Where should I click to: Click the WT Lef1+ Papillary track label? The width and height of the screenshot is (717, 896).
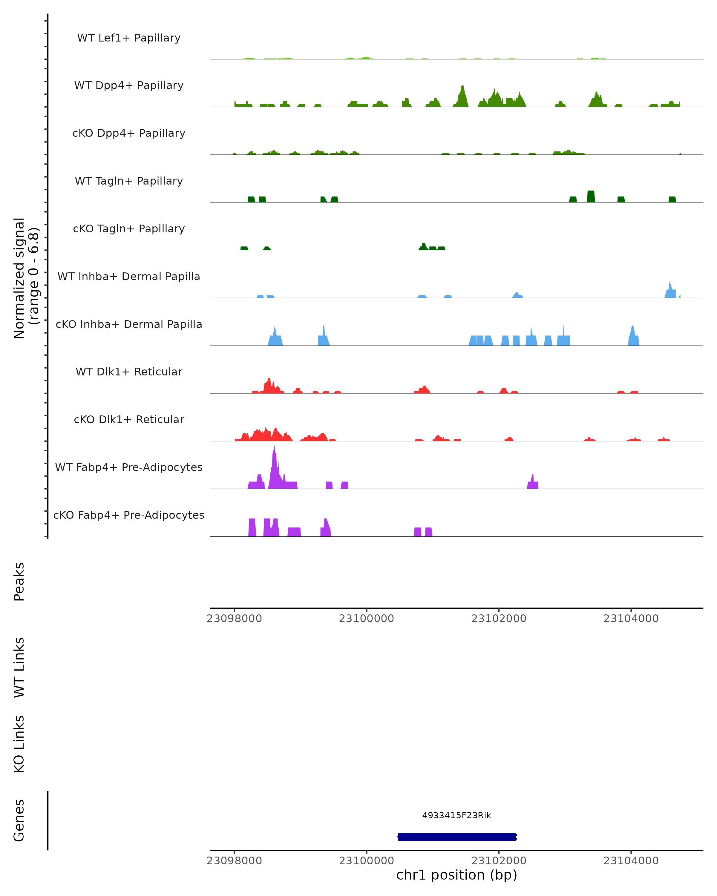click(129, 38)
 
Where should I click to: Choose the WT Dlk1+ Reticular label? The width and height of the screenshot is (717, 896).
click(129, 372)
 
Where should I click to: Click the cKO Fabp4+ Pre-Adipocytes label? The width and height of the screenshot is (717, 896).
click(129, 515)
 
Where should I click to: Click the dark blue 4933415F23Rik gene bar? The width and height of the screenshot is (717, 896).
click(456, 837)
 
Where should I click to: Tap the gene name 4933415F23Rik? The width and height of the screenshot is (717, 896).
click(456, 815)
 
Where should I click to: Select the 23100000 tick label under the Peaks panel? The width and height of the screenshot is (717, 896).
click(366, 619)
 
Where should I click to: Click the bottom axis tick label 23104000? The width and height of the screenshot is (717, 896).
click(631, 861)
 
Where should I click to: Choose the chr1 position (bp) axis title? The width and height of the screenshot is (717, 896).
click(456, 875)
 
